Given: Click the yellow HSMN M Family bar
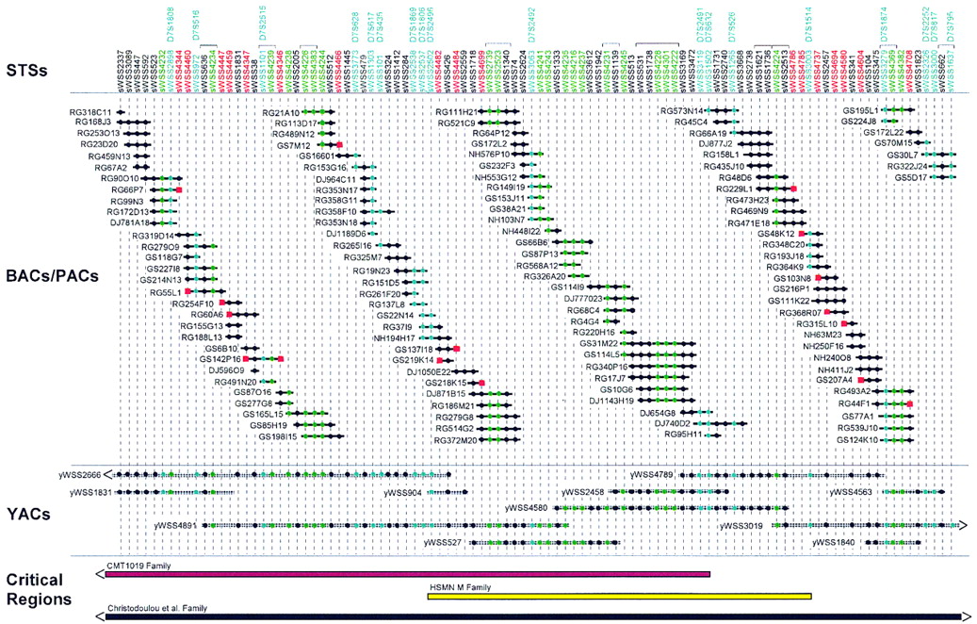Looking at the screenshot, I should point(618,596).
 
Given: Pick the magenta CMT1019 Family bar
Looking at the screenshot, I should point(405,573).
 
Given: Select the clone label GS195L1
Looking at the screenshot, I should point(860,110).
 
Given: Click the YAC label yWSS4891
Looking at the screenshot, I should point(175,525).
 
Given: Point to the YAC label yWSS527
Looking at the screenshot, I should point(443,543).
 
